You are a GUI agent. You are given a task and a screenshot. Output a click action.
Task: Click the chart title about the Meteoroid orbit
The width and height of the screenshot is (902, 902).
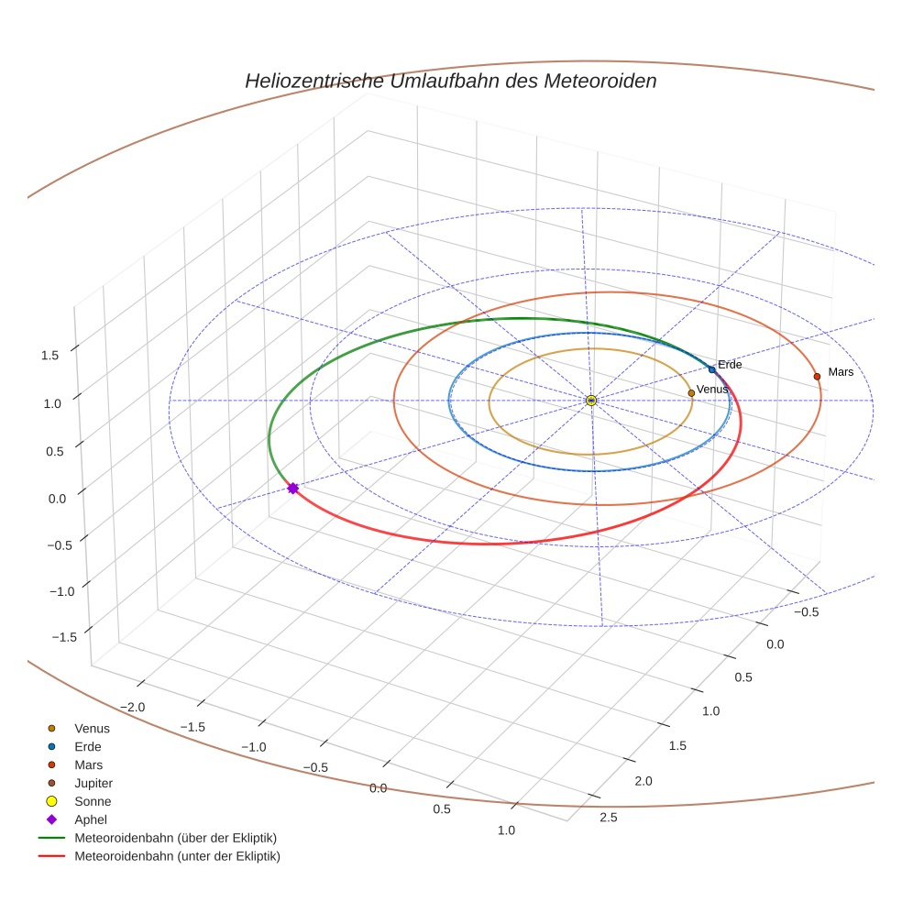pos(450,81)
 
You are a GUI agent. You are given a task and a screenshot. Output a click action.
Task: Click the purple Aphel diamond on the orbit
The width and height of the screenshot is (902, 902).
pos(292,488)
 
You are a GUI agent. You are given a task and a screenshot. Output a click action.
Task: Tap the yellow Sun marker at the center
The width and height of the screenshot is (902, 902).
pos(591,401)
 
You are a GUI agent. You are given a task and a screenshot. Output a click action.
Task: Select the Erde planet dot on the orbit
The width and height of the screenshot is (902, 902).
pos(711,369)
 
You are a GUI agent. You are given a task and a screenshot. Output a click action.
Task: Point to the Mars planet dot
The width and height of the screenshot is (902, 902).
pos(817,376)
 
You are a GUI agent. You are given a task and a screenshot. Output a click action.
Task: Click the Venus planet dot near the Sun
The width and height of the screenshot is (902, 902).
pos(691,392)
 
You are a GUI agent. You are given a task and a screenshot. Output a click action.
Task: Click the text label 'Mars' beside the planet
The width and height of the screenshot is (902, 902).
pos(841,372)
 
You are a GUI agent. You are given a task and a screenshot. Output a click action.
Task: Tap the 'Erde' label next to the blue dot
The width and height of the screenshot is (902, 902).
pos(730,365)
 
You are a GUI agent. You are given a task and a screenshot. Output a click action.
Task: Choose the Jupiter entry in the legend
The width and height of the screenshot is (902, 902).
pos(93,783)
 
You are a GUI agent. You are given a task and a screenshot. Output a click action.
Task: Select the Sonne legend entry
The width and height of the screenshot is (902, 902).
pos(93,801)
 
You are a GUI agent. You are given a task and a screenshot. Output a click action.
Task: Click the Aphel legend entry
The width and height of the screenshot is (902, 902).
pos(91,819)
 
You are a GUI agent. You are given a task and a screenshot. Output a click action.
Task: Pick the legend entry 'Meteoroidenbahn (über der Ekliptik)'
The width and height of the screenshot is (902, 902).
pos(175,838)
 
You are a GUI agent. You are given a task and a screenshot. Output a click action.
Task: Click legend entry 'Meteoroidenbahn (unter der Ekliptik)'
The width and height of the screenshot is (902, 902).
pos(177,856)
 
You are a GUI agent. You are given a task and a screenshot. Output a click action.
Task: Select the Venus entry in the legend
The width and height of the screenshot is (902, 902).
pos(92,728)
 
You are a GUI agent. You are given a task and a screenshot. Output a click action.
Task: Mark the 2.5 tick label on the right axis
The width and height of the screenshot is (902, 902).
pos(607,818)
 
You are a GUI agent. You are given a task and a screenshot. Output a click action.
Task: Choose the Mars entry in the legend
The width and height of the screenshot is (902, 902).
pos(89,764)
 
